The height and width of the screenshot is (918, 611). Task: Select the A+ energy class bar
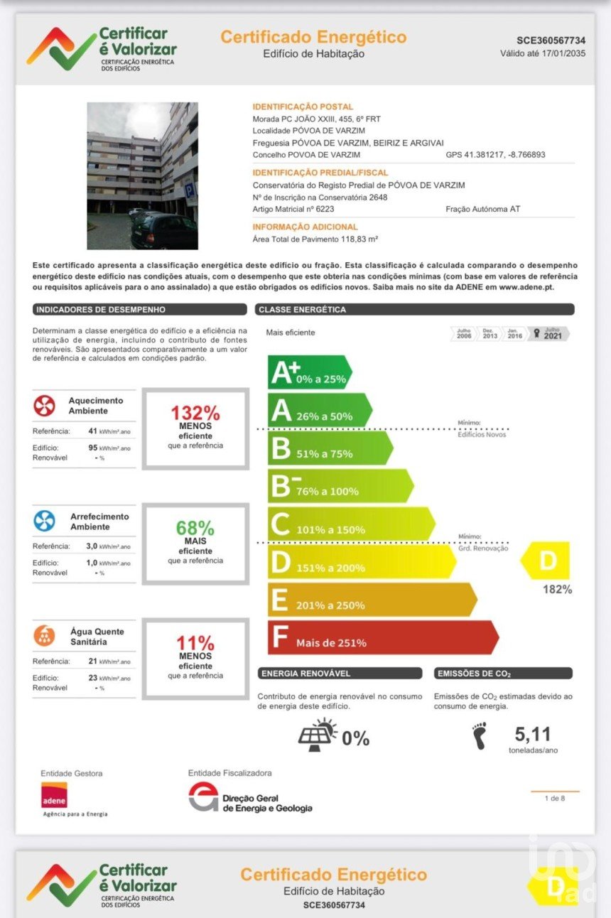tap(308, 372)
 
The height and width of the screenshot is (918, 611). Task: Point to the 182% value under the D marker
tap(557, 589)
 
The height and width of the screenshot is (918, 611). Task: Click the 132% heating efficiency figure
tap(195, 413)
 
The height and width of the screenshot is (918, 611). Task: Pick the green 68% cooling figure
tap(195, 528)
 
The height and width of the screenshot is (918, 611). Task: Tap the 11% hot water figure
tap(195, 643)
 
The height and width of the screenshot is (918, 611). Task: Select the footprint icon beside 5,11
tap(480, 736)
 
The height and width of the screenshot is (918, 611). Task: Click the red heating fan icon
tap(44, 406)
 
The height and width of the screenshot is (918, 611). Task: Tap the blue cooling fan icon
tap(44, 521)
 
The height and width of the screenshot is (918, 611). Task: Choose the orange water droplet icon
tap(44, 635)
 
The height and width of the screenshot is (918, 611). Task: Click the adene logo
tap(54, 795)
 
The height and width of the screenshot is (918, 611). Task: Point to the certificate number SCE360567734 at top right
tap(551, 40)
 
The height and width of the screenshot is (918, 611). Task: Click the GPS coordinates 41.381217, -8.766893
tap(495, 154)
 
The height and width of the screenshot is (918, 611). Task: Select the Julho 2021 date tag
tap(548, 333)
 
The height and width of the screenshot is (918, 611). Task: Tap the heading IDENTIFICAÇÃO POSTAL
tap(303, 107)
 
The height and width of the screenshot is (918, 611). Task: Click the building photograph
tap(142, 175)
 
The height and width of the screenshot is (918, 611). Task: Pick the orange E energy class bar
tap(372, 600)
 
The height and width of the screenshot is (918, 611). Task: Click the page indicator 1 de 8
tap(554, 798)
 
